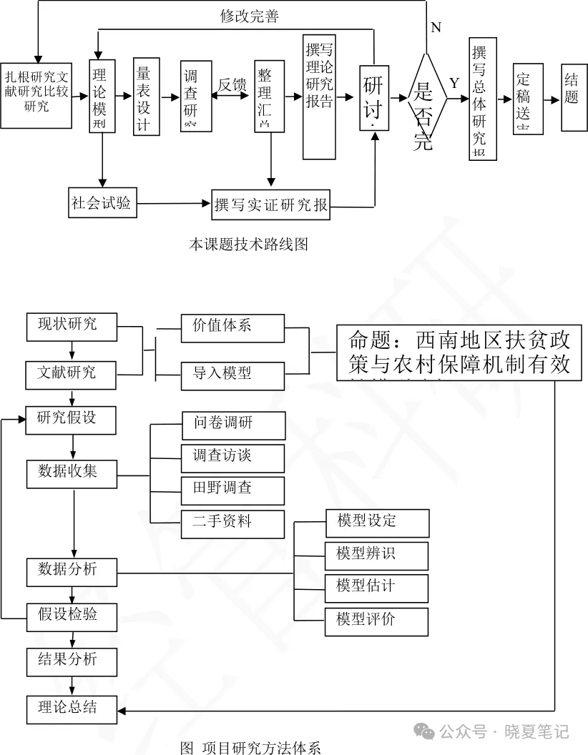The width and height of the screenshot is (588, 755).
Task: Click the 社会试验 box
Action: click(101, 203)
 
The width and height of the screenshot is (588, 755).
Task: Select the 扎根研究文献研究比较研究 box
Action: click(36, 92)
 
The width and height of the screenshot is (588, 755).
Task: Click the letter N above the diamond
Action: click(436, 27)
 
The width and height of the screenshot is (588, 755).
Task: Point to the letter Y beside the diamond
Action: click(454, 83)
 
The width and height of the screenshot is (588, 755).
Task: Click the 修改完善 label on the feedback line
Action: click(249, 17)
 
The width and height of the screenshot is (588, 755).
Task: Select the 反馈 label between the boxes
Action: click(232, 84)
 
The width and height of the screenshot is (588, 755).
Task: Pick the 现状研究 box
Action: click(71, 325)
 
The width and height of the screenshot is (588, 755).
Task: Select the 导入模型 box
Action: click(232, 373)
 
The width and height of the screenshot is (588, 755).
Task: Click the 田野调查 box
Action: click(232, 490)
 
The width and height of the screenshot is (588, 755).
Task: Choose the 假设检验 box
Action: click(71, 615)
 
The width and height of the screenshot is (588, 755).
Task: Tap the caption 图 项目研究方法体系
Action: click(250, 747)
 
